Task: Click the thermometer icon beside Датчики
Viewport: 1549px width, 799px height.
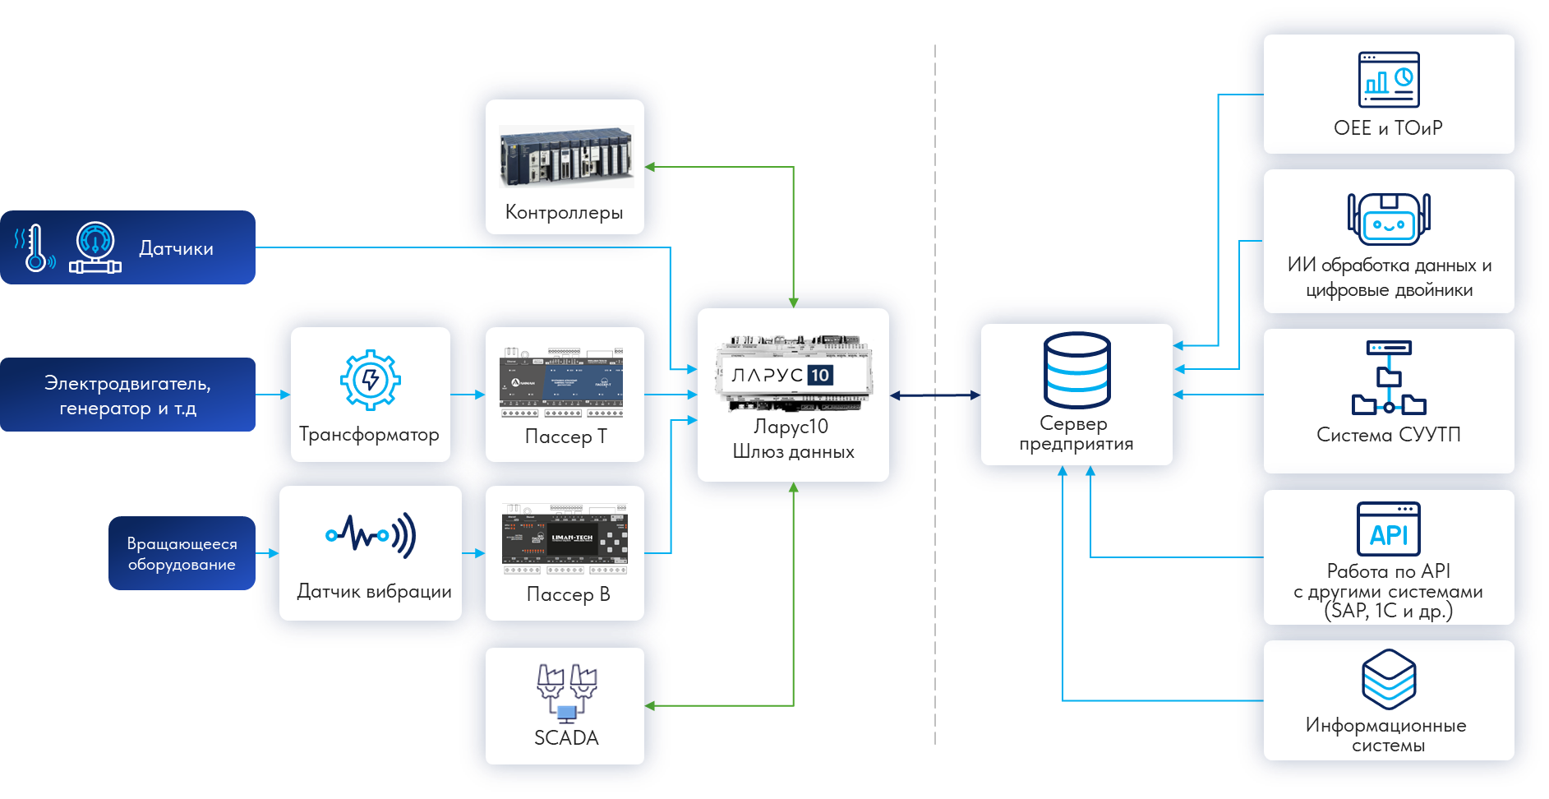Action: pos(35,248)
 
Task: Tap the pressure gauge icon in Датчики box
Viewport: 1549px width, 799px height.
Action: pos(95,247)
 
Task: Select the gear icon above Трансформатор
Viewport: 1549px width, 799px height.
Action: pos(370,380)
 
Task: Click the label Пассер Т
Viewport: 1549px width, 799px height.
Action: pos(565,436)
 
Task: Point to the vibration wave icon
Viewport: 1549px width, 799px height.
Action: pos(371,535)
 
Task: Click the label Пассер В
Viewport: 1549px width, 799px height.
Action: pos(568,594)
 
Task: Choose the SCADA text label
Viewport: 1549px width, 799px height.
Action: pos(566,738)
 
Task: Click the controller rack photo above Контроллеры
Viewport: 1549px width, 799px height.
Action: pos(566,156)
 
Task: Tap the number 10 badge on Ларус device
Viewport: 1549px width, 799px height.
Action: pos(820,376)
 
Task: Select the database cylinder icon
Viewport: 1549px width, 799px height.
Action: pos(1076,370)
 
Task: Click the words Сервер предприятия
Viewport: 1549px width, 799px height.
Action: pos(1076,434)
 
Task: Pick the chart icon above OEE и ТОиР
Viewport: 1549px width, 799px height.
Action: pos(1389,80)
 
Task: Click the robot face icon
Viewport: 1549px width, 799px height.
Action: pos(1389,220)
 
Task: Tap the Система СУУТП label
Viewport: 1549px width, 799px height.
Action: pos(1389,435)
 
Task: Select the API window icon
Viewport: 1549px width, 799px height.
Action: pos(1389,529)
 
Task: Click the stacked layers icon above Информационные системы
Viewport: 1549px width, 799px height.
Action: pos(1389,679)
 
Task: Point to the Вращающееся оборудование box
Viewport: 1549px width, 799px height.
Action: pos(182,553)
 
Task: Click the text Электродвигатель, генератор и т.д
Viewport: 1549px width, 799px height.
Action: pos(127,395)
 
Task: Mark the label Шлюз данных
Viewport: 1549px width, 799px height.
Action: pos(793,452)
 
